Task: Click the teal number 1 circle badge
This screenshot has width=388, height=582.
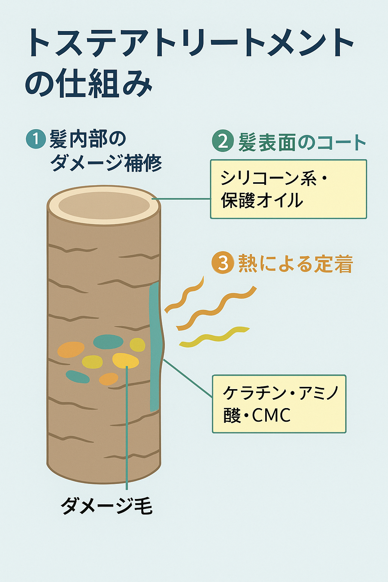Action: tap(36, 139)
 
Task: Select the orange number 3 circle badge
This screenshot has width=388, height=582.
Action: tap(222, 263)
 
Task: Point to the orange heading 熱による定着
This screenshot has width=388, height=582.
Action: tap(295, 263)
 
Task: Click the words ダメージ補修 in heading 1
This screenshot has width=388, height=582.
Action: tap(106, 163)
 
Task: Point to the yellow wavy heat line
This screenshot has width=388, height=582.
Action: tap(214, 336)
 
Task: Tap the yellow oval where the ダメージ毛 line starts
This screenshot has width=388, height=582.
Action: tap(125, 361)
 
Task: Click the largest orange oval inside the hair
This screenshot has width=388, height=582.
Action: tap(71, 350)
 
